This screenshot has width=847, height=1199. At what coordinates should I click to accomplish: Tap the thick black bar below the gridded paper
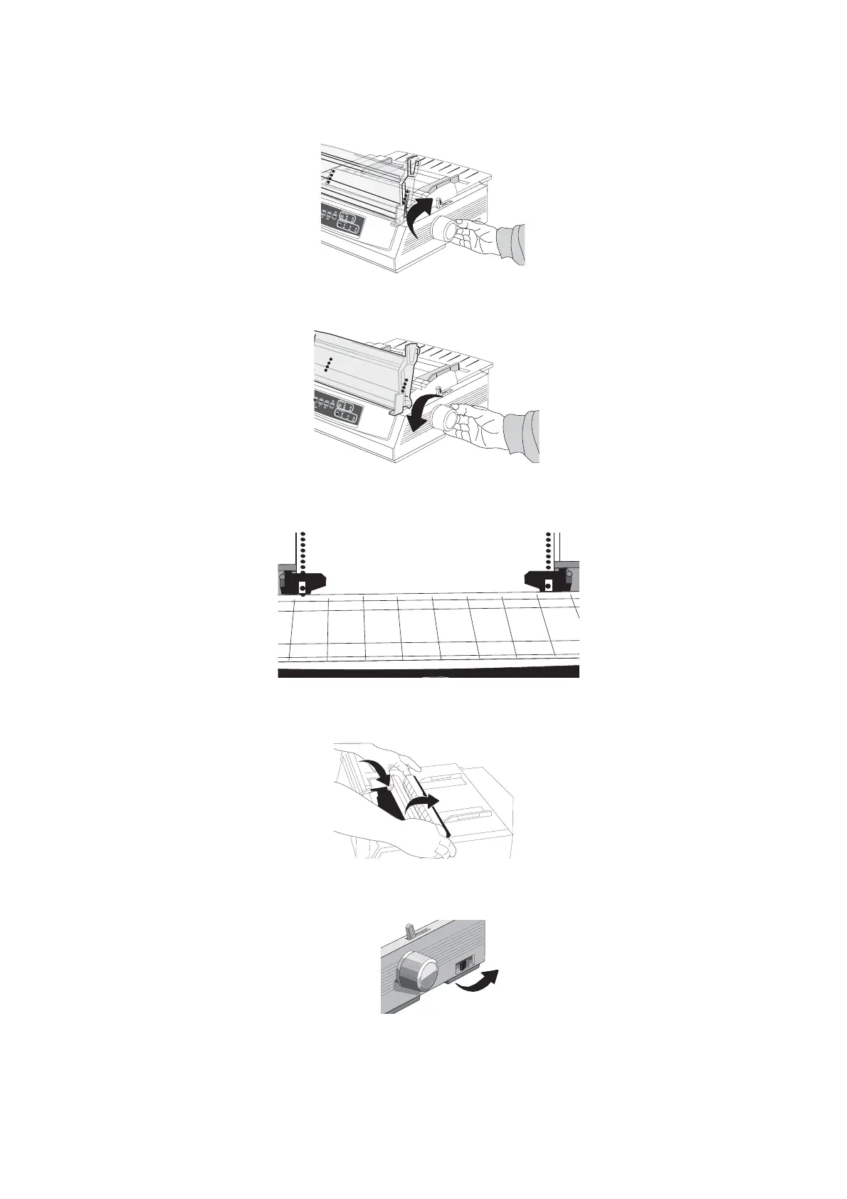[428, 671]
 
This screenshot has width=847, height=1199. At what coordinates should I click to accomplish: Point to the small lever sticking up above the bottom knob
[410, 930]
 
